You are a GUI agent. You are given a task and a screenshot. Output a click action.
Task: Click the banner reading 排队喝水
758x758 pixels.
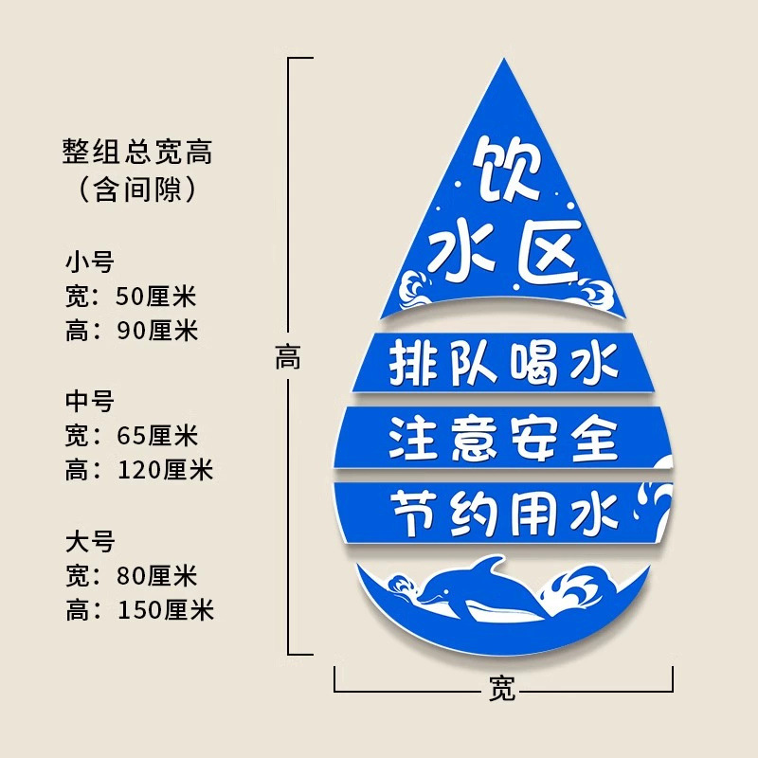[x=503, y=363]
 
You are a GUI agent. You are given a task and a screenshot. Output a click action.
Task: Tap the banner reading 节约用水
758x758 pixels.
[x=503, y=512]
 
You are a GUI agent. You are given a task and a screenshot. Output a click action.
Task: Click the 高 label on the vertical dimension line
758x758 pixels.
[x=288, y=359]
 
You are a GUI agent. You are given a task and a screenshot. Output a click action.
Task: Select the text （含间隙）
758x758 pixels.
[x=137, y=189]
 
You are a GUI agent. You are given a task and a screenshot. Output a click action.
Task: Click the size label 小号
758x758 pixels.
[x=89, y=262]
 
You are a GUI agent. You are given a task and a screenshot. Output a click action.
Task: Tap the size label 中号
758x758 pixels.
[x=89, y=401]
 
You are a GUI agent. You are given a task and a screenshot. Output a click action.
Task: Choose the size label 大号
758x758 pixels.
[x=89, y=541]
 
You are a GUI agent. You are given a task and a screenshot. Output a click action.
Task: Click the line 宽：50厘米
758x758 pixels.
[x=131, y=297]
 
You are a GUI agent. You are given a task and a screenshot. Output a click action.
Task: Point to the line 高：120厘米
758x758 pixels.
[x=139, y=470]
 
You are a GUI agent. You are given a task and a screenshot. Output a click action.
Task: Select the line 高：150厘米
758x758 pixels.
[x=139, y=610]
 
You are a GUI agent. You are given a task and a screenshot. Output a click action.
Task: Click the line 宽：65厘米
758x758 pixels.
[x=131, y=436]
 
